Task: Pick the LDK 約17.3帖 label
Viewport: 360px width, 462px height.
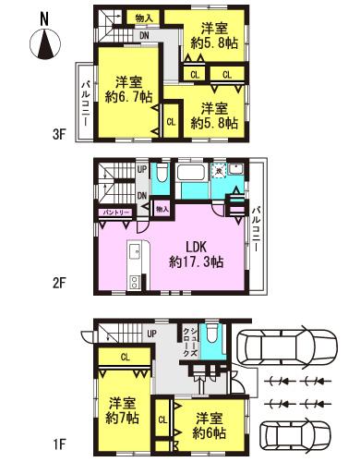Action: point(196,254)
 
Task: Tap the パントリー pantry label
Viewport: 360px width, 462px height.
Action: point(116,213)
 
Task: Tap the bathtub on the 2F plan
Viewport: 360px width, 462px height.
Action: point(192,175)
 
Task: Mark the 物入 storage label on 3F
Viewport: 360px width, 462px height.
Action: point(143,18)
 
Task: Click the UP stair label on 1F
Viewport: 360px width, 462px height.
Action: point(150,333)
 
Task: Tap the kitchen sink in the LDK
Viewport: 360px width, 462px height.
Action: point(135,252)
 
